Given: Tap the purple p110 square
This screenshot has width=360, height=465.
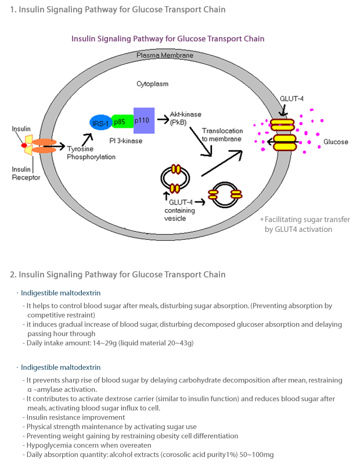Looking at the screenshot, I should (143, 120).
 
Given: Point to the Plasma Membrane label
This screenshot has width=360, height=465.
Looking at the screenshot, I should (164, 56).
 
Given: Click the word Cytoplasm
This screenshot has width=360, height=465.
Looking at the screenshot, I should (152, 84).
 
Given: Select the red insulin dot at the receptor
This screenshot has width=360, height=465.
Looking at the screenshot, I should (24, 145).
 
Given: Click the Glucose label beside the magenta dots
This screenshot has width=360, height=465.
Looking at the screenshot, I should (336, 142).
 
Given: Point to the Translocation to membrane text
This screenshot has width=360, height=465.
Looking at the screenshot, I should (221, 134).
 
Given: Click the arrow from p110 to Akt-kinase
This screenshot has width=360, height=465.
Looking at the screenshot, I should (161, 120).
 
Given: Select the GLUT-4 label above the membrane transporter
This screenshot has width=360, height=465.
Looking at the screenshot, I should (292, 99).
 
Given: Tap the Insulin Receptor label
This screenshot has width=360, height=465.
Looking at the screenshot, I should (26, 173).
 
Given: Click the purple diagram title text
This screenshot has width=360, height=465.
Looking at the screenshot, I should (168, 39).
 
